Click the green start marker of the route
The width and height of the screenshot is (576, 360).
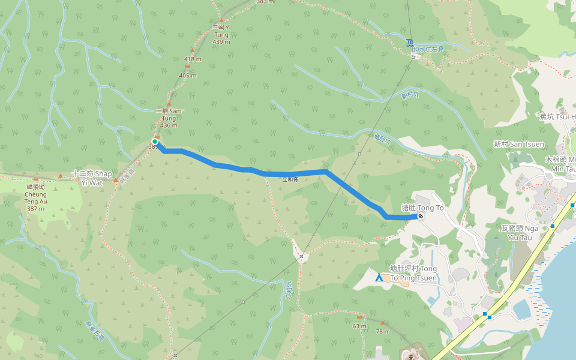tap(155, 142)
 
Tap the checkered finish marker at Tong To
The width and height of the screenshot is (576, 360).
tap(421, 216)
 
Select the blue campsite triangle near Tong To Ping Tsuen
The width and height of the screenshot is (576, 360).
tap(379, 278)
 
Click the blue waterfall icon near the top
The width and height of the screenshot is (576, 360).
tap(409, 42)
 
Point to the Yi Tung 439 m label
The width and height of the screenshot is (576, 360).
tap(221, 34)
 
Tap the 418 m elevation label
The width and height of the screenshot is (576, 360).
tap(193, 59)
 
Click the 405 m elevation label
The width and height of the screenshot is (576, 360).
tap(188, 75)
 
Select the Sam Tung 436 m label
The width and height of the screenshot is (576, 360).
tap(169, 118)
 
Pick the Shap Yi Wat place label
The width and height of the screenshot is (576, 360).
tap(92, 177)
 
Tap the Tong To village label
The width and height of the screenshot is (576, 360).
tap(422, 208)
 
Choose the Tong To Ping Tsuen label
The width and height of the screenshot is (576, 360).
tap(413, 273)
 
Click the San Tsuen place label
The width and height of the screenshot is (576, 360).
tap(519, 144)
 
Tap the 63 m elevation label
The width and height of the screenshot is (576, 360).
tap(359, 326)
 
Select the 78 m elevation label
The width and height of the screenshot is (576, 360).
tap(382, 331)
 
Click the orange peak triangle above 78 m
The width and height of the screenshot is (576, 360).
tap(382, 323)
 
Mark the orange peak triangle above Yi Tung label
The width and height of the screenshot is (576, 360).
tap(221, 20)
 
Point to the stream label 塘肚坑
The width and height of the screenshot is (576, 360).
tap(382, 140)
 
